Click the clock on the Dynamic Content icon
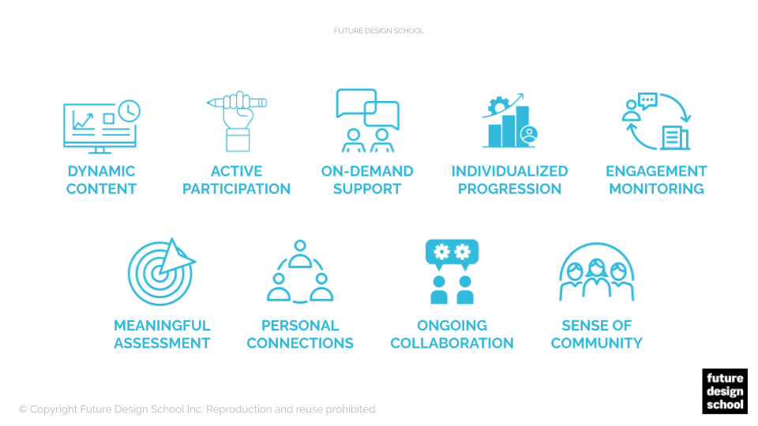129,111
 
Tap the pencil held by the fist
236,103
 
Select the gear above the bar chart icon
498,105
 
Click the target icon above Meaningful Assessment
161,272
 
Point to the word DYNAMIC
102,171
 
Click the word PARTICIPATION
236,189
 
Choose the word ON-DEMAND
367,171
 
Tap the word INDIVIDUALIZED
509,171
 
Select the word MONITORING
656,189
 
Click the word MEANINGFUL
162,326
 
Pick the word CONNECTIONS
300,343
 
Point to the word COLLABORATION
452,343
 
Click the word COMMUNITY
597,343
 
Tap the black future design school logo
725,391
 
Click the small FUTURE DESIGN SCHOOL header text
378,31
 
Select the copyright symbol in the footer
23,409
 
